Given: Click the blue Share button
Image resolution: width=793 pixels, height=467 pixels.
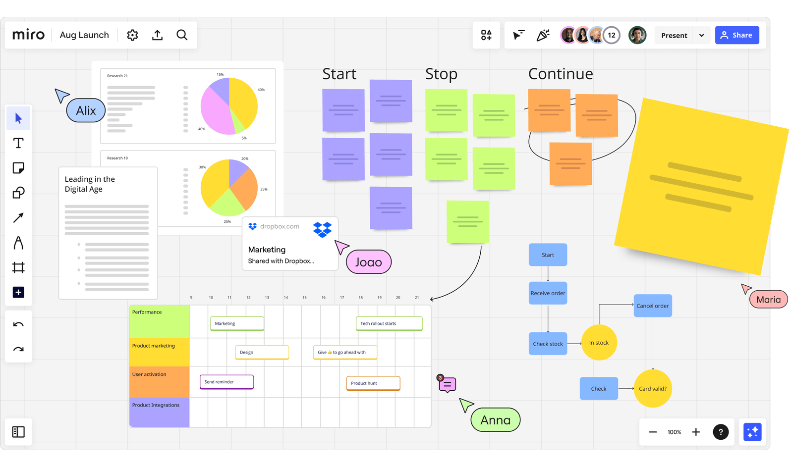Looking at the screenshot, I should [736, 35].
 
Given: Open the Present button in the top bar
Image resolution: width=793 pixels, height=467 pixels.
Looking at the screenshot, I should [674, 36].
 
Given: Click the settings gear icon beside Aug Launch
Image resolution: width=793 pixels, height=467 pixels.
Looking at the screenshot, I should [132, 35].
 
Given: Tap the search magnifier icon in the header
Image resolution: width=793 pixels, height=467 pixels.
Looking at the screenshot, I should [182, 35].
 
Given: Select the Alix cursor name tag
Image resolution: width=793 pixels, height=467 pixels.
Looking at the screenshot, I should [86, 110].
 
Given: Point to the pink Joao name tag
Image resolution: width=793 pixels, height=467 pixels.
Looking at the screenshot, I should [368, 262].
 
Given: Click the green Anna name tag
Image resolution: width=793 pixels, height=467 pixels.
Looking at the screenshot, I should [495, 420].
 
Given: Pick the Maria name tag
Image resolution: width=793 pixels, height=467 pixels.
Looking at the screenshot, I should [768, 300].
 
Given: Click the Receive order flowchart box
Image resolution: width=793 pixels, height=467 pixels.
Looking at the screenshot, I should [548, 293].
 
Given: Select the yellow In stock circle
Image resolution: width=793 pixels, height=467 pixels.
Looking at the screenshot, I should [599, 343].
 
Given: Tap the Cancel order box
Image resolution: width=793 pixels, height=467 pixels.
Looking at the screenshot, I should [652, 306].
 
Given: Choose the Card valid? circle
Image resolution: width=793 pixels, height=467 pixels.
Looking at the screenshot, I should [652, 389].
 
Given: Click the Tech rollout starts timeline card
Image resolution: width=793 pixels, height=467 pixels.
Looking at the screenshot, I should [389, 323].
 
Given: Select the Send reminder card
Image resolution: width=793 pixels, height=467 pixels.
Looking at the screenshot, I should [227, 382].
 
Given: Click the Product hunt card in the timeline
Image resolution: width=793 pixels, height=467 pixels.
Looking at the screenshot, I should [373, 383].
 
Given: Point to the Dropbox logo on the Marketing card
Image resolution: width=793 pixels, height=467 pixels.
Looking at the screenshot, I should [322, 230].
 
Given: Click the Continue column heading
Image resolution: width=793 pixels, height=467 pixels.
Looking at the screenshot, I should [560, 74].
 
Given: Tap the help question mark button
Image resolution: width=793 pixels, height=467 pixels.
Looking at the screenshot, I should [721, 432].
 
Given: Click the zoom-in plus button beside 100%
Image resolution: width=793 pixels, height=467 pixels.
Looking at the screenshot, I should [696, 432].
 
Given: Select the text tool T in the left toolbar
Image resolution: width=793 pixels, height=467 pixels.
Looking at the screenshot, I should [18, 144].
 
